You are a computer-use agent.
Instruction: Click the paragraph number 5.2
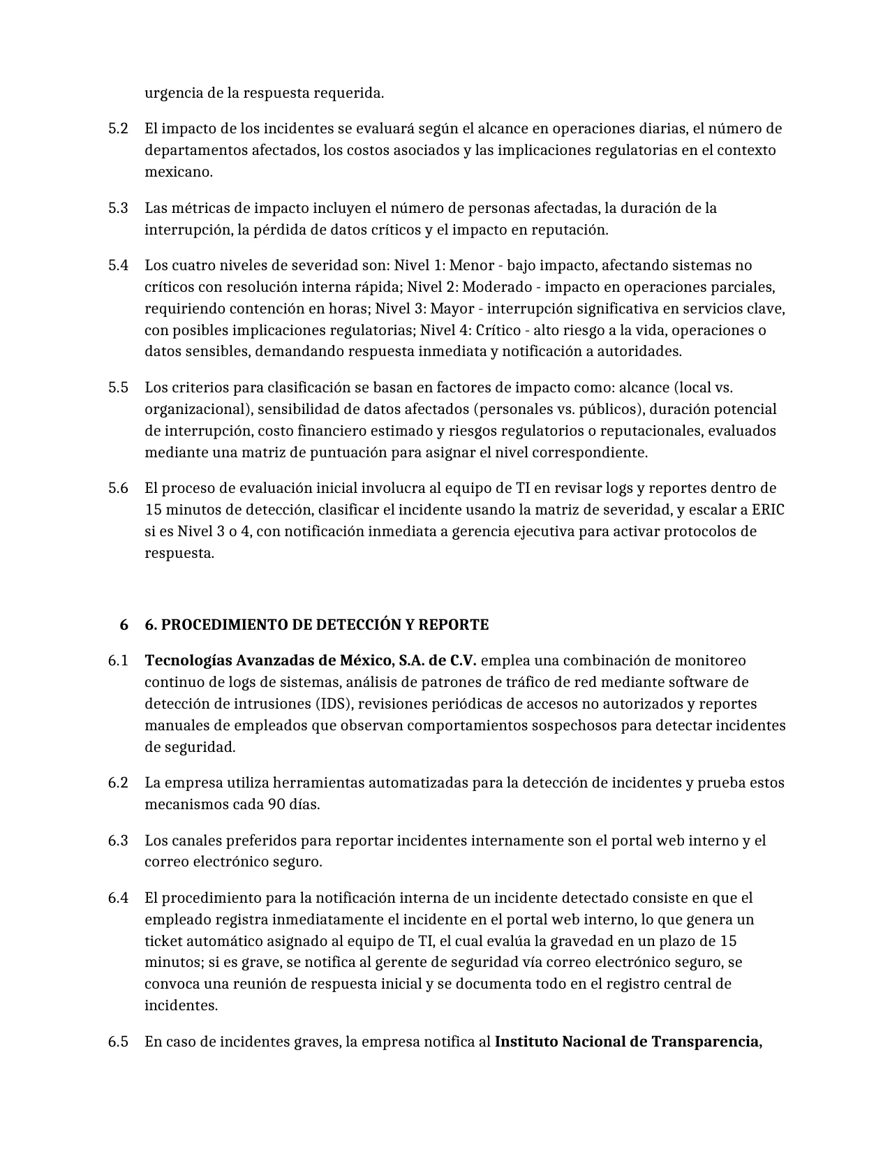click(x=118, y=128)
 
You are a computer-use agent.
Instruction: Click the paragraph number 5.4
click(x=118, y=265)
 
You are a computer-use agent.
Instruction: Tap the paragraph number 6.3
click(x=118, y=841)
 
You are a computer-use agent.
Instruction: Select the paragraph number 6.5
click(x=118, y=1042)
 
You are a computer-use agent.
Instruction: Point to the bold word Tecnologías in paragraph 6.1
click(x=187, y=660)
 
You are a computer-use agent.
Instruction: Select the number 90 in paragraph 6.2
click(x=276, y=804)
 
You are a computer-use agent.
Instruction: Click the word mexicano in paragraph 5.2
click(x=178, y=172)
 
